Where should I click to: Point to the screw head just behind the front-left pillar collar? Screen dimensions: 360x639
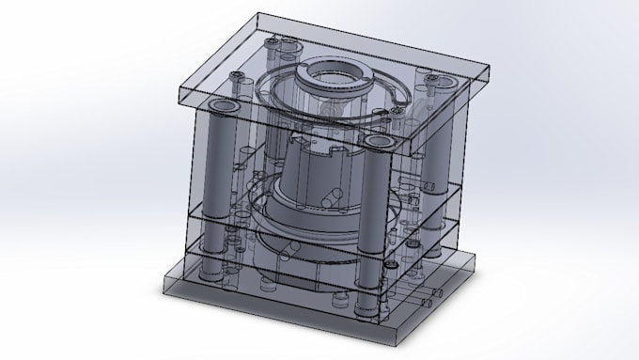(242, 85)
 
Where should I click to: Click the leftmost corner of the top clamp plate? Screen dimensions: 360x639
(179, 87)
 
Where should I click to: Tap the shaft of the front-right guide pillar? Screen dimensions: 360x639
(372, 216)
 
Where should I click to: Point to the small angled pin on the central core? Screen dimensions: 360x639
(332, 197)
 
